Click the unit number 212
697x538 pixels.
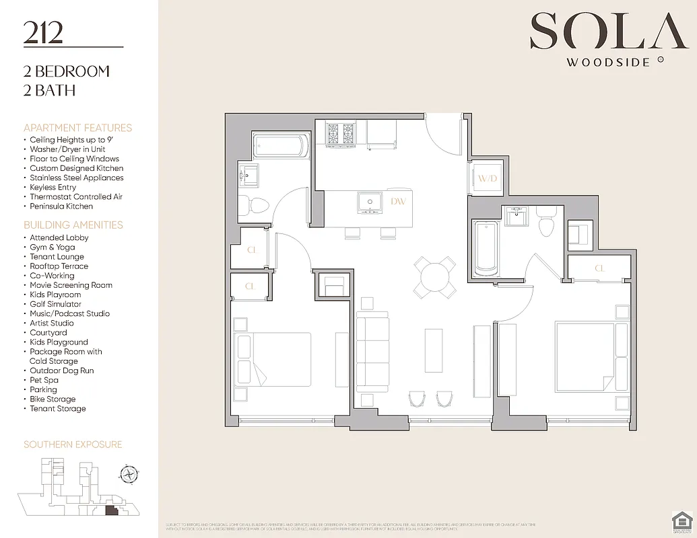[43, 32]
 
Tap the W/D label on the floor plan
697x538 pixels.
[487, 178]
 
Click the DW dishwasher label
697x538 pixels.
[398, 201]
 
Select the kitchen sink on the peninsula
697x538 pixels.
[370, 201]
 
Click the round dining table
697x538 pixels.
[434, 276]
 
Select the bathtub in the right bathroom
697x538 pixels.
[486, 247]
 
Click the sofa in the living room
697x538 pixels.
[372, 353]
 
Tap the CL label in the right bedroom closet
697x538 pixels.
[599, 269]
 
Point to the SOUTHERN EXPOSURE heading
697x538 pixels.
[73, 445]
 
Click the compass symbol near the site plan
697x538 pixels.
[128, 474]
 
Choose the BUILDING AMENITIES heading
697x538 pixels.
[73, 225]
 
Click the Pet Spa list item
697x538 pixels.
[44, 380]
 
